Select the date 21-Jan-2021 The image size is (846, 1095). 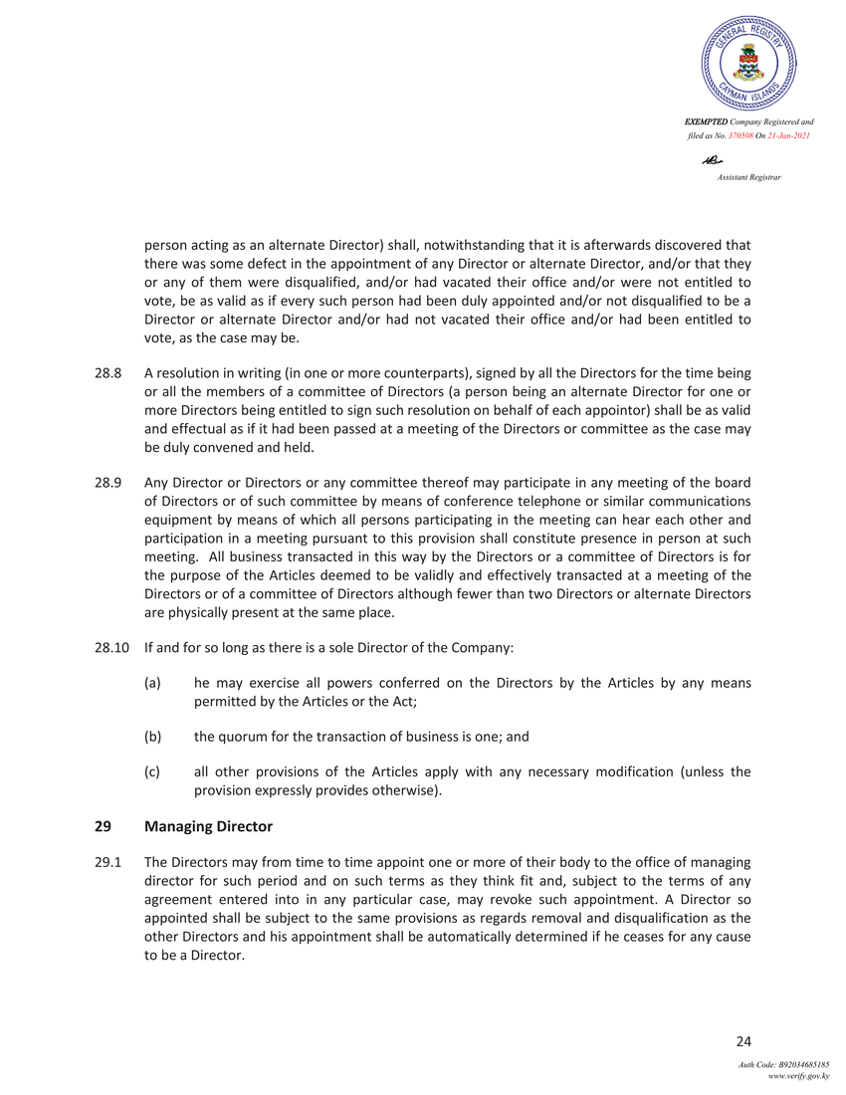click(x=785, y=134)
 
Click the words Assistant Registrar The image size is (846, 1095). click(x=748, y=176)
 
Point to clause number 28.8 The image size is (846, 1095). click(x=107, y=373)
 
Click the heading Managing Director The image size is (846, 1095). click(x=208, y=827)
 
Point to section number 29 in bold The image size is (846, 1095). click(x=103, y=827)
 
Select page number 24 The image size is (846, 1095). click(x=743, y=1042)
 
